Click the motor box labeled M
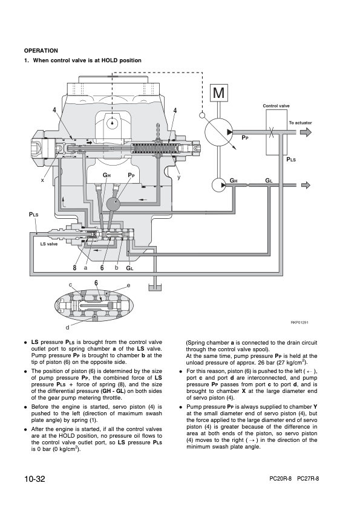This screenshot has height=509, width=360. pyautogui.click(x=218, y=93)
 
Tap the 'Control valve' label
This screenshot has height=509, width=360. pyautogui.click(x=276, y=106)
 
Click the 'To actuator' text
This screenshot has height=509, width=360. pyautogui.click(x=300, y=123)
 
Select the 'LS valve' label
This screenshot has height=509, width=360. pyautogui.click(x=49, y=244)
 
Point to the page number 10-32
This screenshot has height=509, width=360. pyautogui.click(x=34, y=479)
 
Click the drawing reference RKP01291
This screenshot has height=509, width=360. pyautogui.click(x=299, y=322)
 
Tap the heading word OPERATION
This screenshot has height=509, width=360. pyautogui.click(x=41, y=51)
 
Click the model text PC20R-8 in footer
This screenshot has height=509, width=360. pyautogui.click(x=281, y=479)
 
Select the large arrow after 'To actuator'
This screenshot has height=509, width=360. pyautogui.click(x=306, y=132)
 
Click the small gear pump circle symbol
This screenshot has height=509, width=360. pyautogui.click(x=219, y=185)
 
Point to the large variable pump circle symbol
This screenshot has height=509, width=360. pyautogui.click(x=218, y=132)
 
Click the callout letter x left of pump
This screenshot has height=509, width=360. pyautogui.click(x=42, y=180)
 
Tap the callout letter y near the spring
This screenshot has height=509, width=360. pyautogui.click(x=178, y=177)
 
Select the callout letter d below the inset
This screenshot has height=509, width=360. pyautogui.click(x=67, y=328)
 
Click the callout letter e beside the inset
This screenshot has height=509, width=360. pyautogui.click(x=128, y=285)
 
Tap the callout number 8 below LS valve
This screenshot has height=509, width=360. pyautogui.click(x=75, y=268)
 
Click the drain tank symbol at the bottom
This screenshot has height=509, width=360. pyautogui.click(x=155, y=287)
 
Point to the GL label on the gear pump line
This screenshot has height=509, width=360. pyautogui.click(x=269, y=181)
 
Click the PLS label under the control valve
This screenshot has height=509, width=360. pyautogui.click(x=291, y=160)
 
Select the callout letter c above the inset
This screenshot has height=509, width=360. pyautogui.click(x=70, y=285)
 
